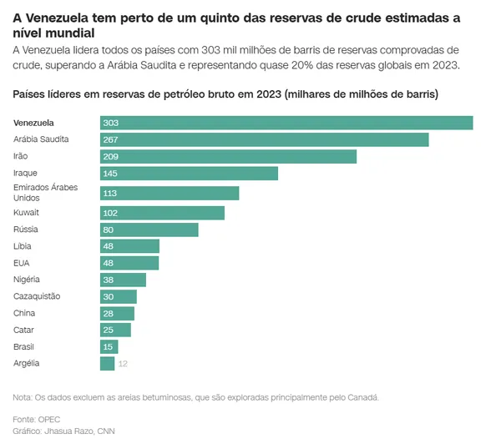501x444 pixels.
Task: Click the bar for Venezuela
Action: pyautogui.click(x=286, y=123)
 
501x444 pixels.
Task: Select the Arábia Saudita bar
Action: pyautogui.click(x=264, y=139)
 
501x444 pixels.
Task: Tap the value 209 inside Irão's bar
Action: pyautogui.click(x=110, y=156)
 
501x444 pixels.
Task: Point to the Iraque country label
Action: pyautogui.click(x=26, y=172)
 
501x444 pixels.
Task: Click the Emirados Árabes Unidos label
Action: pyautogui.click(x=45, y=193)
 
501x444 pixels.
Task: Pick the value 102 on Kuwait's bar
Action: pyautogui.click(x=110, y=213)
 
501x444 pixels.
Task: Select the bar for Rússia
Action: pyautogui.click(x=149, y=230)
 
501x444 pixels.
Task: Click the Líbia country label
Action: pyautogui.click(x=23, y=246)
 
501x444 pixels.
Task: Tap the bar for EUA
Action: pyautogui.click(x=129, y=263)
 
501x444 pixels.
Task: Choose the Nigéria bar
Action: pyautogui.click(x=123, y=280)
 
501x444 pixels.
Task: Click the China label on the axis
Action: pyautogui.click(x=24, y=313)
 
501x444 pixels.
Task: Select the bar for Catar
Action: pyautogui.click(x=115, y=330)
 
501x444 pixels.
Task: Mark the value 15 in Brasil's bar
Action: pyautogui.click(x=108, y=346)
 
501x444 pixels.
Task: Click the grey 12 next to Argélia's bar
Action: pyautogui.click(x=123, y=364)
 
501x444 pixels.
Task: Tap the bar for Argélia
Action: pyautogui.click(x=107, y=363)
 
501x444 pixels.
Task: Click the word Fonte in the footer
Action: pyautogui.click(x=25, y=418)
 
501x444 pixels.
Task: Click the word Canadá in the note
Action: pyautogui.click(x=362, y=397)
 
